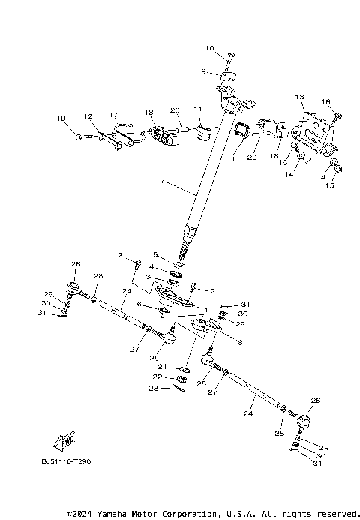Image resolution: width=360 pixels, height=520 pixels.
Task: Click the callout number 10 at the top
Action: pyautogui.click(x=209, y=49)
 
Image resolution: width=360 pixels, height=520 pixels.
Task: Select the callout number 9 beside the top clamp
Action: pyautogui.click(x=202, y=71)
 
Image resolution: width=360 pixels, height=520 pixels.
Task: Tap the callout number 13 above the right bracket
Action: pyautogui.click(x=299, y=98)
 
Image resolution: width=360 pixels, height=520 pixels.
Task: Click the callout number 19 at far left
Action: pyautogui.click(x=62, y=118)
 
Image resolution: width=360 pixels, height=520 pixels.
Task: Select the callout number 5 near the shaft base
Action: pyautogui.click(x=156, y=254)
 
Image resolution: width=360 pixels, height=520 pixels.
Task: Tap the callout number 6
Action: pyautogui.click(x=140, y=303)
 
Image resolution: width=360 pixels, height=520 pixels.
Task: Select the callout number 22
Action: pyautogui.click(x=157, y=377)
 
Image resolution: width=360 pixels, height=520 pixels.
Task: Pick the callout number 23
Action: pyautogui.click(x=153, y=388)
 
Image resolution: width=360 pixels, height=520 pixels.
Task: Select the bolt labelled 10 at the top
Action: pyautogui.click(x=229, y=56)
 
